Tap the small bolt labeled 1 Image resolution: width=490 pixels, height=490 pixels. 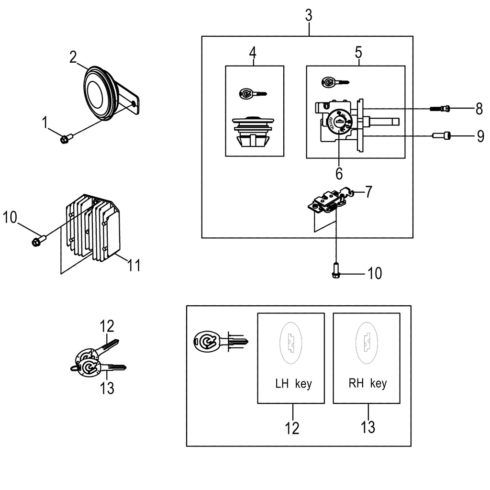66,139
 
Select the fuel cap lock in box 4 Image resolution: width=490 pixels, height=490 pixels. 254,132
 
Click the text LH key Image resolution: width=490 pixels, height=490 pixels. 293,384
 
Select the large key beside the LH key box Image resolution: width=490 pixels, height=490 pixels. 220,341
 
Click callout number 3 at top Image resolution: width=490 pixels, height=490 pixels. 309,15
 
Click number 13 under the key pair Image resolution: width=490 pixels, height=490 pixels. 108,388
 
